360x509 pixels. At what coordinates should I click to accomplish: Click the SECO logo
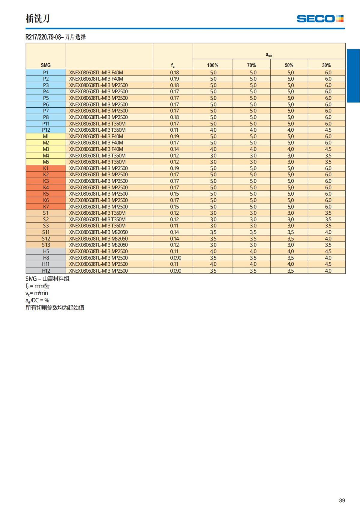(320, 19)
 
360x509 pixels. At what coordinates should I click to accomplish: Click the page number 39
(342, 500)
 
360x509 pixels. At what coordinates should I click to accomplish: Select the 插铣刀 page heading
(38, 19)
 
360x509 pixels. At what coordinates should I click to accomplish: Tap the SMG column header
(46, 65)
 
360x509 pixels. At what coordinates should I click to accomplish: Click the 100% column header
(213, 65)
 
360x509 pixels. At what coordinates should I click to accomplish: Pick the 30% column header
(326, 65)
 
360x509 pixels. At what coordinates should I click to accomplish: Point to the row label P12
(46, 130)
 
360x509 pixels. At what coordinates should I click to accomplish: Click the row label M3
(46, 149)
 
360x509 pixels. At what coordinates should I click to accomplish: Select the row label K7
(46, 207)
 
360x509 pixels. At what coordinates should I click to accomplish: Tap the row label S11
(46, 232)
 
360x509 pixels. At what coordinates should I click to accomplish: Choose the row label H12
(46, 271)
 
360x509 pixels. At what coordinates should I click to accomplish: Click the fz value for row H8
(175, 258)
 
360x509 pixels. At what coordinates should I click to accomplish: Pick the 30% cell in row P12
(328, 130)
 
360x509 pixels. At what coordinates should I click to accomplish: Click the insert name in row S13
(98, 245)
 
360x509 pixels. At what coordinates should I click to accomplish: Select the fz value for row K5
(174, 194)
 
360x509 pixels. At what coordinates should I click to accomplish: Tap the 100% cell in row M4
(213, 156)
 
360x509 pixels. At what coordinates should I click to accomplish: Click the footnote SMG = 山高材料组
(47, 279)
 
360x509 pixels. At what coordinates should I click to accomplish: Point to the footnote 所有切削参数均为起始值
(55, 307)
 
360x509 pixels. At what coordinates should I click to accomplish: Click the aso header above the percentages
(269, 55)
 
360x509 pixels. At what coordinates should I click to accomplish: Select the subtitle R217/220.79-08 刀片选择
(56, 37)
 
